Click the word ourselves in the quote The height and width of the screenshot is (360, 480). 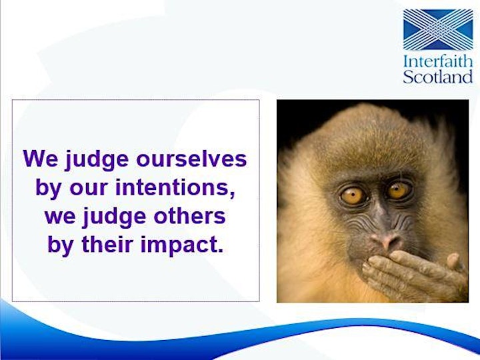(x=191, y=159)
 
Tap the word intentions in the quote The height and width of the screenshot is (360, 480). (x=175, y=187)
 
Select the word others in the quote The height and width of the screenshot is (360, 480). (x=189, y=216)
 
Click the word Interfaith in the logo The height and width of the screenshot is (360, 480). (x=438, y=61)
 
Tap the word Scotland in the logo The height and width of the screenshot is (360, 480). (x=438, y=77)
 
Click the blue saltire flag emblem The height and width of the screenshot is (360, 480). (x=438, y=30)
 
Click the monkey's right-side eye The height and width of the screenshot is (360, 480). (x=398, y=190)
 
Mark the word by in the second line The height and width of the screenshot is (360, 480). (x=48, y=189)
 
